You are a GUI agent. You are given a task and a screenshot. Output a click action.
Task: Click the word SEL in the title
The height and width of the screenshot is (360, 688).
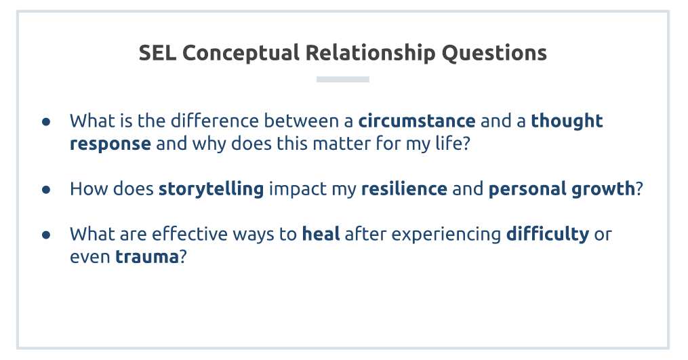point(157,53)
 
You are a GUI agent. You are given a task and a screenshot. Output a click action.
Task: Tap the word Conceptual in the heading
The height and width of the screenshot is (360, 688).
point(241,54)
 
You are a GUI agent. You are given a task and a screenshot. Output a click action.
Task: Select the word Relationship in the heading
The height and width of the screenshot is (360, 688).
point(370,54)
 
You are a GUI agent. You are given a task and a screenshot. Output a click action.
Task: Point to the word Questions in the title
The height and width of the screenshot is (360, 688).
point(494,53)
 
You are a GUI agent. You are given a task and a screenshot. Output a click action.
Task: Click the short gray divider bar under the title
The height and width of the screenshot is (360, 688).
point(343,79)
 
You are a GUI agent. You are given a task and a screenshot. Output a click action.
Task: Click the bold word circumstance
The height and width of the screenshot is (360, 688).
point(417,121)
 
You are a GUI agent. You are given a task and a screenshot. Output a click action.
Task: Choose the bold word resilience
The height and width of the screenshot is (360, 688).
point(404,188)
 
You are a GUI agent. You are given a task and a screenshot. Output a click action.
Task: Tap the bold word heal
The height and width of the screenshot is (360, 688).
point(321,234)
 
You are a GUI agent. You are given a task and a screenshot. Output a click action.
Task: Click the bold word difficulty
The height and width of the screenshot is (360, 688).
point(548,235)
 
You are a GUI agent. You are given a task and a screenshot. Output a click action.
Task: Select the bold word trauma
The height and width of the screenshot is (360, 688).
point(146,257)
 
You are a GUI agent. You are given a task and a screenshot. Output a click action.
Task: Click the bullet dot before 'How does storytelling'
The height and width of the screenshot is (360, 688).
point(46,190)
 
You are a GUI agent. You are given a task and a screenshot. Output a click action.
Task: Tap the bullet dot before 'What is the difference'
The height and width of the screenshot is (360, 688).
point(46,121)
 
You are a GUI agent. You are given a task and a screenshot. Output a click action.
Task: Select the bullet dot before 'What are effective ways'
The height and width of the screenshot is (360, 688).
point(46,235)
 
